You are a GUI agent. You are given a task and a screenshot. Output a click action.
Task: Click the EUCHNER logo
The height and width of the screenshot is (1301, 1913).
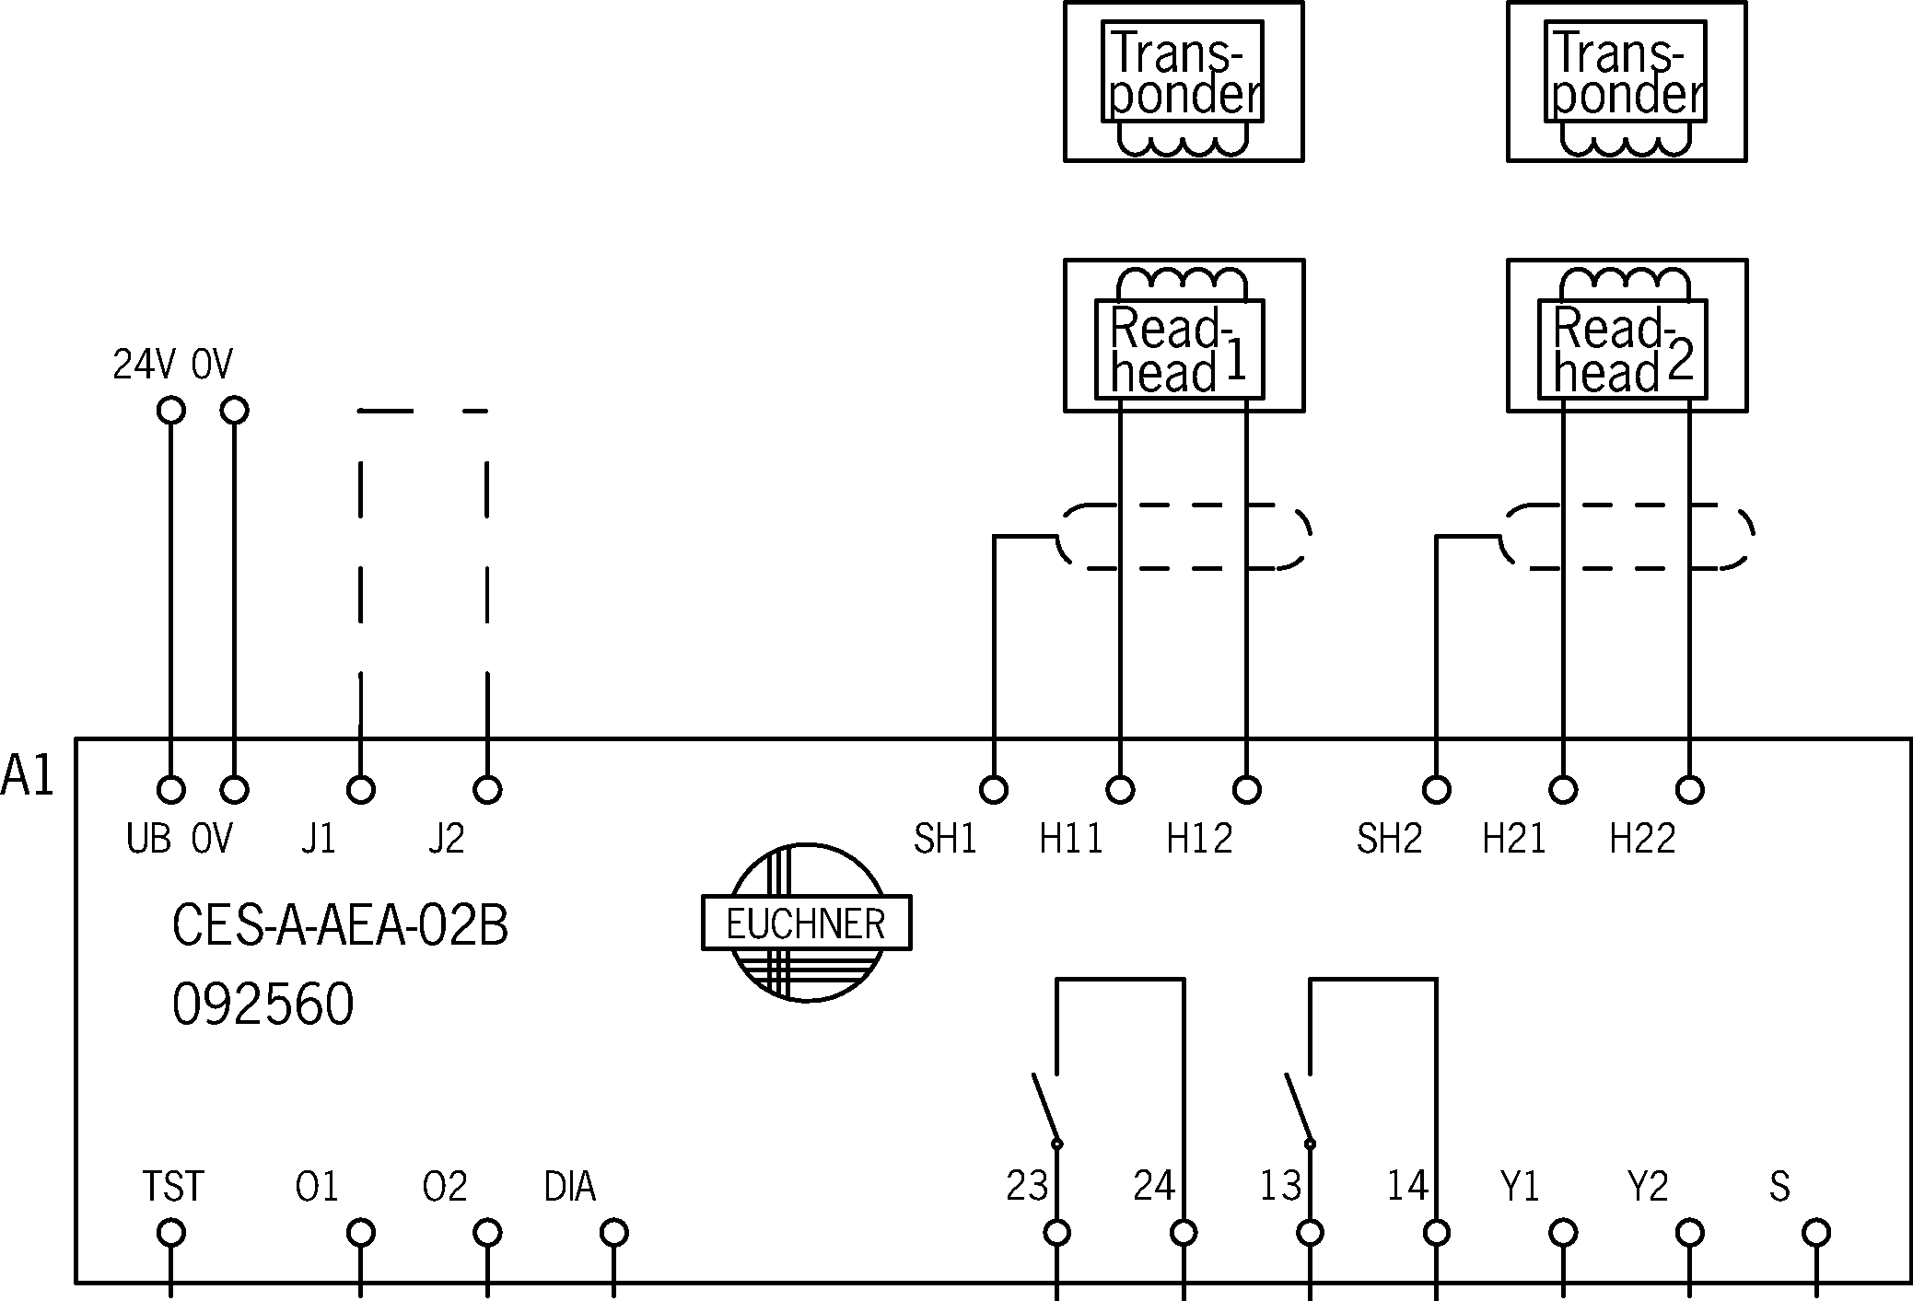click(806, 923)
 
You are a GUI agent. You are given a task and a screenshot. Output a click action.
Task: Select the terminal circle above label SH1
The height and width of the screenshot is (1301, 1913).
click(993, 789)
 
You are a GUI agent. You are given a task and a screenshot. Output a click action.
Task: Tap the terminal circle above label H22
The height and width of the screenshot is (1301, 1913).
click(1689, 789)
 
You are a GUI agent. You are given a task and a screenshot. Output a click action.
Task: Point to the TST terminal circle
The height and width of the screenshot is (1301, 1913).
click(171, 1232)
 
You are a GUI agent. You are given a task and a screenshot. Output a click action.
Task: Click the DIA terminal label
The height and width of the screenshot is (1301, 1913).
click(570, 1188)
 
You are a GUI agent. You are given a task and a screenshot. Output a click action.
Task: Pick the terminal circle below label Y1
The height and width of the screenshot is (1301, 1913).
click(1563, 1232)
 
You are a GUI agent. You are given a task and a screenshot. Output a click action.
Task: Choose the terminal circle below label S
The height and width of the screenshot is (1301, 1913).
click(1815, 1232)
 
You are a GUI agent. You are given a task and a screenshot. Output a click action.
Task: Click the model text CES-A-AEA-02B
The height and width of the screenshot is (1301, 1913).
click(340, 926)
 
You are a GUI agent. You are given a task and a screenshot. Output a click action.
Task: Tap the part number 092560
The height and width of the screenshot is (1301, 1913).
click(263, 1005)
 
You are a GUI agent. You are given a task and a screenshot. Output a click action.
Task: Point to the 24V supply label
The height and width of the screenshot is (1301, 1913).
click(143, 366)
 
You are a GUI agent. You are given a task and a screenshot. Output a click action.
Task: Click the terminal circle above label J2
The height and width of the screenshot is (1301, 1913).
click(487, 789)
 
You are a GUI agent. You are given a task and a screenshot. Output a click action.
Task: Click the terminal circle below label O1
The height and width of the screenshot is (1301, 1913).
click(360, 1232)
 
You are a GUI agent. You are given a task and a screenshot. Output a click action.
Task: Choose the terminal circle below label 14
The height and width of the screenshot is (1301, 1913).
click(1436, 1232)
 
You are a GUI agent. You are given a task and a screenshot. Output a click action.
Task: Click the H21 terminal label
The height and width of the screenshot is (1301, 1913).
click(1514, 839)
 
